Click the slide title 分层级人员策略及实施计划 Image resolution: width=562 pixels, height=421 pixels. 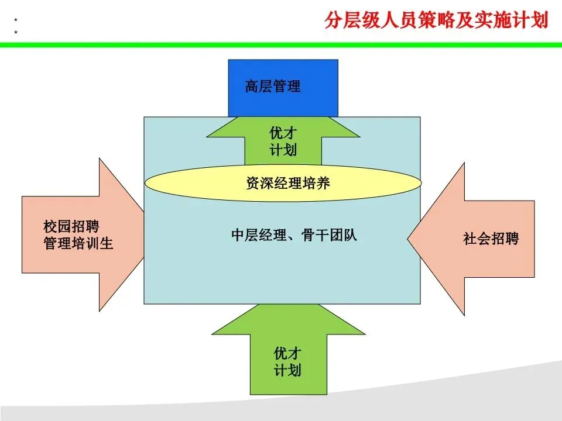coord(436,21)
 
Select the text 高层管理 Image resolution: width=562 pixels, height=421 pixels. coord(273,87)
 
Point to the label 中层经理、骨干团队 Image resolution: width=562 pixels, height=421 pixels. coord(294,236)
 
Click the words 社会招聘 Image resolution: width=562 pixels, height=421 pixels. coord(491,239)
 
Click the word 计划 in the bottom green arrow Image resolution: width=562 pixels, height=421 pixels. coord(287,370)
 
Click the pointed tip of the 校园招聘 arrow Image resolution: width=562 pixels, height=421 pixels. coord(143,234)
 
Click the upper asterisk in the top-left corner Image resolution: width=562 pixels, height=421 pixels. coord(15,20)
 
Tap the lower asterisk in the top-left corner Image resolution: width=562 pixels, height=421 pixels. coord(15,32)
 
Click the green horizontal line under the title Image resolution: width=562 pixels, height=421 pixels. coord(281,44)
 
